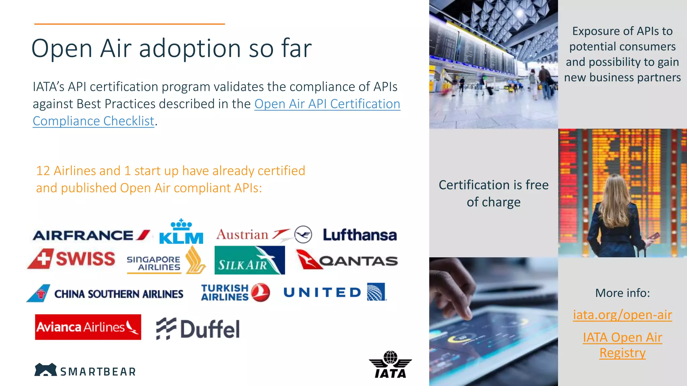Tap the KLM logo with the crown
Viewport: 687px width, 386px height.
point(181,232)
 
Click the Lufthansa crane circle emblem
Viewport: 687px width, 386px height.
point(303,235)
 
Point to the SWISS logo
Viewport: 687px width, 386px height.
point(71,259)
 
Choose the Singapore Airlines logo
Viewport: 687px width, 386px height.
point(166,261)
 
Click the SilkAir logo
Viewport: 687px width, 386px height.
point(250,260)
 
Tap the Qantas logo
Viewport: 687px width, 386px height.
point(347,260)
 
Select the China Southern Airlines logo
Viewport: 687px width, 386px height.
point(105,294)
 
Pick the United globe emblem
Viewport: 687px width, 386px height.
point(376,292)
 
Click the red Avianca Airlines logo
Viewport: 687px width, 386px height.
point(88,327)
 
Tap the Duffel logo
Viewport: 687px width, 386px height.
point(198,329)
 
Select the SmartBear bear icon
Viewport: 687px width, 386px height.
point(46,370)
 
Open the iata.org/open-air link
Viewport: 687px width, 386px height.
point(622,315)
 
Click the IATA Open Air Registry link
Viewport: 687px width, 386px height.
point(622,345)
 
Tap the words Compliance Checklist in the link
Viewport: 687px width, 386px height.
point(94,121)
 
